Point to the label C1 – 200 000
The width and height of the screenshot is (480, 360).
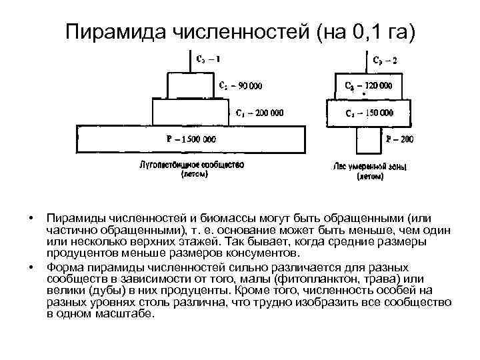click(259, 113)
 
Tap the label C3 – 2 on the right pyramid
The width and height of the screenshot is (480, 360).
click(386, 59)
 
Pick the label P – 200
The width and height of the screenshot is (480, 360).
click(400, 139)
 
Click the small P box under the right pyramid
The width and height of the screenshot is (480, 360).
click(369, 142)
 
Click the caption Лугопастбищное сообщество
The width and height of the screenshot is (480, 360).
click(191, 164)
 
